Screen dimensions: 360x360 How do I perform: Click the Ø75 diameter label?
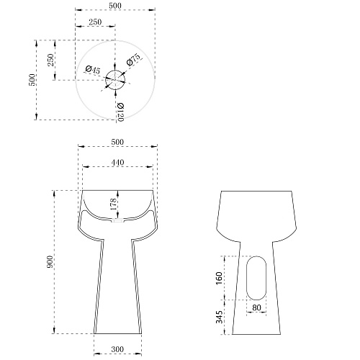click(133, 60)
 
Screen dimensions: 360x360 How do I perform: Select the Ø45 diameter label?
click(93, 70)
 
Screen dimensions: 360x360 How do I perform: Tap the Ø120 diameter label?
click(120, 112)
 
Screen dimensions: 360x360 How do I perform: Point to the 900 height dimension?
click(50, 262)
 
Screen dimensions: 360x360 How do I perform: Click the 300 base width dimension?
click(117, 349)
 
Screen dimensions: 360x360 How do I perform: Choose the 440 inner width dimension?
click(117, 163)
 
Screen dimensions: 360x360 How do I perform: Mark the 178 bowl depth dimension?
click(113, 204)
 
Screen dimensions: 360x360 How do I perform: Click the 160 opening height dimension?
click(219, 278)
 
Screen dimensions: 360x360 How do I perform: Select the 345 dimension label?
click(219, 317)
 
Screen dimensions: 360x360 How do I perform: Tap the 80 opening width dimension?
click(256, 307)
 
